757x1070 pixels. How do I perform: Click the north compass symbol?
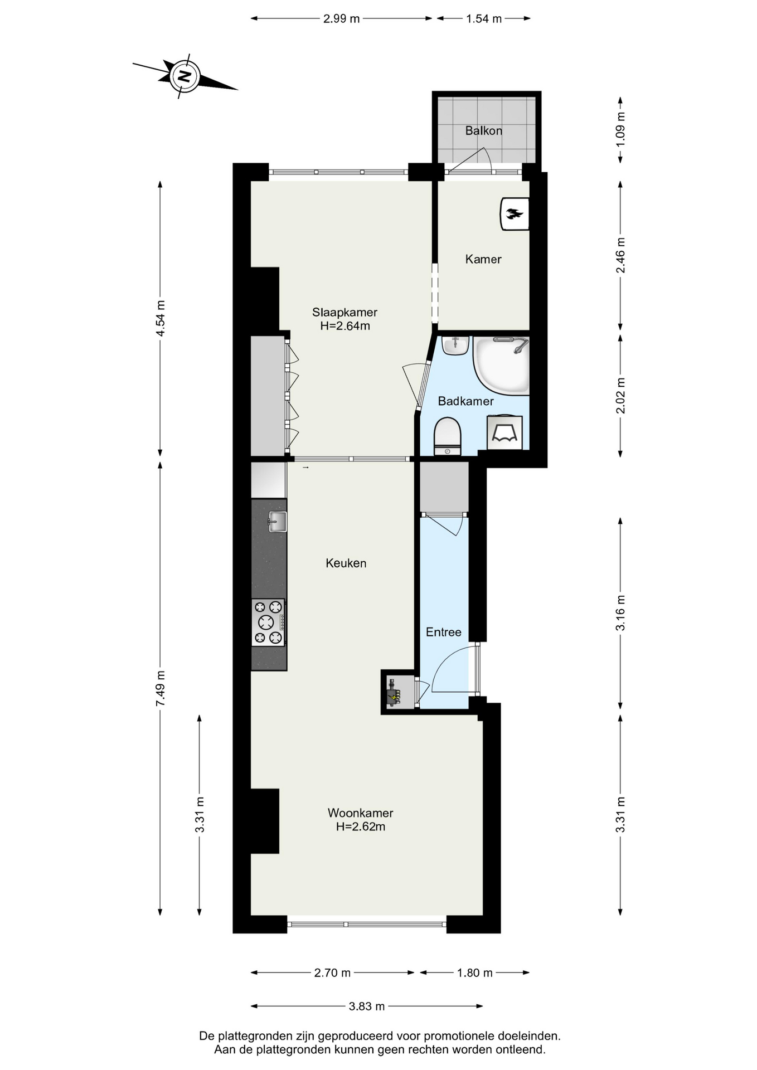click(185, 77)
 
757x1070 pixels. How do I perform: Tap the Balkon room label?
click(484, 130)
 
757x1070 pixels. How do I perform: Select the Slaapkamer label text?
click(344, 312)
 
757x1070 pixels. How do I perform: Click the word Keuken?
click(346, 563)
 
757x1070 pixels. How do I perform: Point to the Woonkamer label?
click(360, 813)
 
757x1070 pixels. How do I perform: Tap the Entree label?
click(444, 632)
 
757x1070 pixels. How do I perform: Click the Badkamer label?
click(465, 401)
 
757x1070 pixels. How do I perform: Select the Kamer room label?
click(483, 259)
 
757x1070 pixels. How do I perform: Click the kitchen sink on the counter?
click(278, 522)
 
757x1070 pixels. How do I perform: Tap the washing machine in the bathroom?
click(504, 432)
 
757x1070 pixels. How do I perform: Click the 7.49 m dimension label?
click(161, 688)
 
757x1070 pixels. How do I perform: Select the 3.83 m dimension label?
click(367, 1006)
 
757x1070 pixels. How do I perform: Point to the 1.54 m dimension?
click(484, 18)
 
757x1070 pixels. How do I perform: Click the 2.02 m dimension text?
click(620, 396)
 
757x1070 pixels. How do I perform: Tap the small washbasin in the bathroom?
click(455, 345)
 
